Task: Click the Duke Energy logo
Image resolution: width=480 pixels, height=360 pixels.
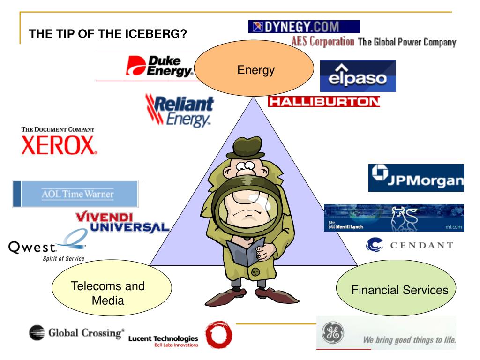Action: point(159,66)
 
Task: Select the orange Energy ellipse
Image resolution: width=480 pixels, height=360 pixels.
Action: point(254,68)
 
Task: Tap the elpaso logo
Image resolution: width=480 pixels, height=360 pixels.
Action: point(358,76)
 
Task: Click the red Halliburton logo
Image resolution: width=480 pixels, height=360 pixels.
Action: point(324,101)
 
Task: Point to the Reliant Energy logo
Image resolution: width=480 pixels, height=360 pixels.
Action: point(180,111)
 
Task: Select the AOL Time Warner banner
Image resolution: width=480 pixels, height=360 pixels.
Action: point(75,194)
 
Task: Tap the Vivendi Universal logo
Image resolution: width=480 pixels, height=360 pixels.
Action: point(122,222)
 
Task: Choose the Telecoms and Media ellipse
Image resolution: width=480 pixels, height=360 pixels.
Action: point(112,288)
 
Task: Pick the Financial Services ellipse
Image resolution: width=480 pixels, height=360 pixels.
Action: point(396,288)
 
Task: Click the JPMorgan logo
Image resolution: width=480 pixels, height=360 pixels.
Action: point(416,178)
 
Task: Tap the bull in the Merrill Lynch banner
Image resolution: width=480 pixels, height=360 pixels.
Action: point(405,218)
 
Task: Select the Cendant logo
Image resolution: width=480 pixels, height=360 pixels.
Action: point(410,245)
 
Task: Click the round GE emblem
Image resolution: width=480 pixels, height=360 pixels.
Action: point(333,333)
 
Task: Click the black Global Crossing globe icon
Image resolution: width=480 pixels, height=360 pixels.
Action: point(37,333)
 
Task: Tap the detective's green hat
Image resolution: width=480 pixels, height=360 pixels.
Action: point(247,148)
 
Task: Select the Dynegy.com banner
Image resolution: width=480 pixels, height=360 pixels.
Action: point(304,27)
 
